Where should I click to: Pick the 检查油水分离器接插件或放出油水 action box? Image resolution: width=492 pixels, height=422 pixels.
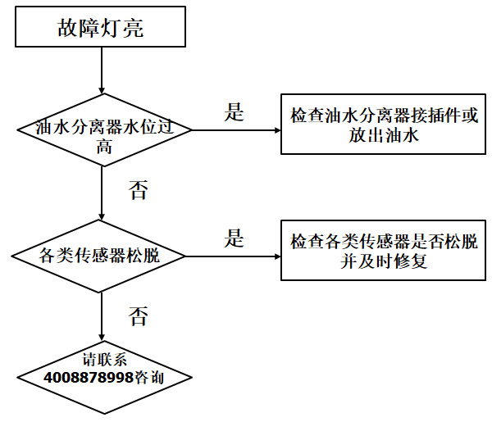tap(384, 127)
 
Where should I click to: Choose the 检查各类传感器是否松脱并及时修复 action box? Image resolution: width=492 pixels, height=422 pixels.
tap(382, 252)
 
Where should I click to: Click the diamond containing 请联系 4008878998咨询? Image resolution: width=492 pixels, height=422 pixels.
tap(102, 371)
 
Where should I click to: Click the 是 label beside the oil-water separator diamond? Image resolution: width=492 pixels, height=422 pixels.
tap(235, 113)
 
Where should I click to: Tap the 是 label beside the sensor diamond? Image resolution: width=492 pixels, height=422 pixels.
tap(235, 238)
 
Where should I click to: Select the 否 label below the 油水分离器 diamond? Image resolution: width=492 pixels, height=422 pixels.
tap(138, 191)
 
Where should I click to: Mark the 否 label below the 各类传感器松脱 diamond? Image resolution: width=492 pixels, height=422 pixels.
tap(138, 316)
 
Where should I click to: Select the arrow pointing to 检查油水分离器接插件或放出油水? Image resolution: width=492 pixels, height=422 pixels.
tap(237, 129)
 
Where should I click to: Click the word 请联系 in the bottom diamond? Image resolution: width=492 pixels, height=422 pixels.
tap(102, 361)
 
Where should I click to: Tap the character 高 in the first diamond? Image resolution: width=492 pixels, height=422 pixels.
tap(104, 147)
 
